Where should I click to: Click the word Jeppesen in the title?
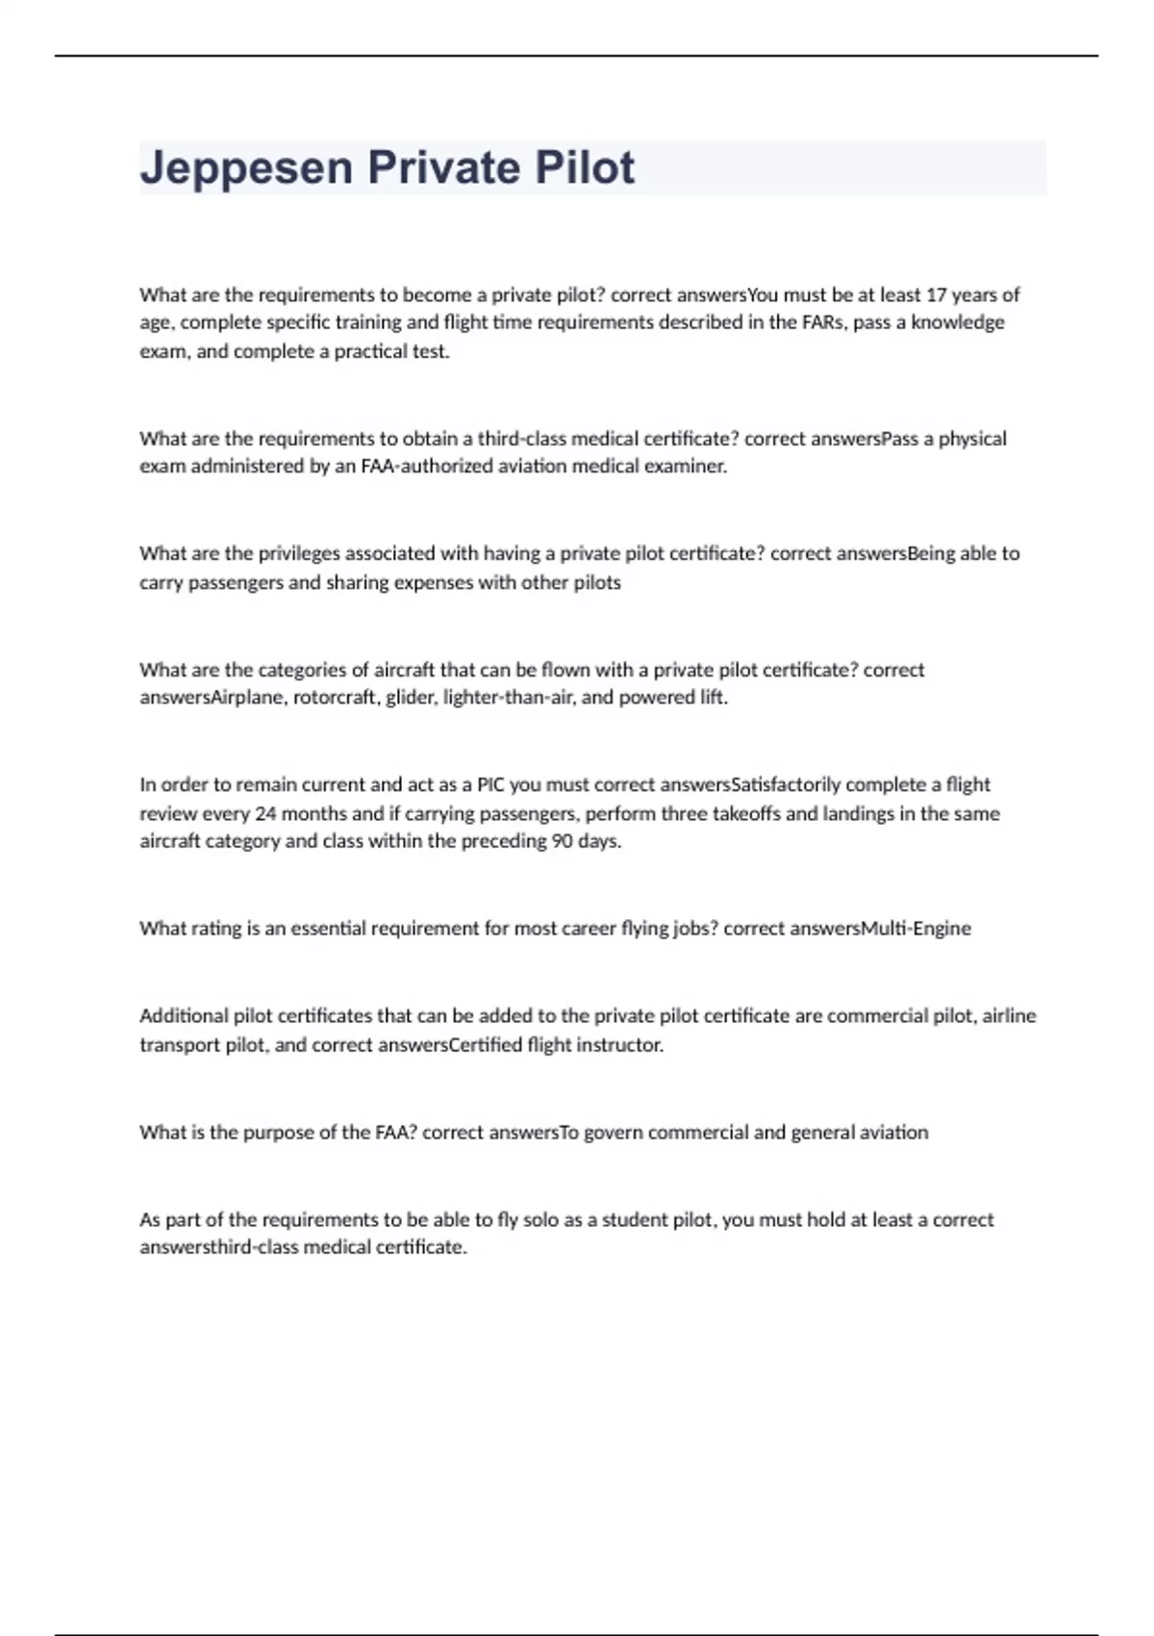click(x=245, y=168)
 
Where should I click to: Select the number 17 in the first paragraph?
click(x=936, y=294)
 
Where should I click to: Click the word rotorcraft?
click(x=334, y=698)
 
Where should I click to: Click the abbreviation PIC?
click(x=490, y=784)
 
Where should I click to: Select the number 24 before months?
click(x=265, y=813)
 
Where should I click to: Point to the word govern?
click(x=613, y=1133)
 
